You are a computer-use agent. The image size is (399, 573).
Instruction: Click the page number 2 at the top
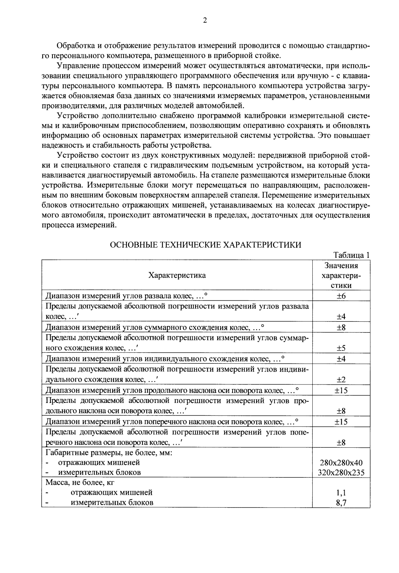tap(205, 20)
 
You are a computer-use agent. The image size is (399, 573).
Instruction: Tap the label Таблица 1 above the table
tap(351, 255)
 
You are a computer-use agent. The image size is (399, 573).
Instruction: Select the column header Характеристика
tap(177, 275)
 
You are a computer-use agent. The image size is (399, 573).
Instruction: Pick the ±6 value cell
tap(341, 296)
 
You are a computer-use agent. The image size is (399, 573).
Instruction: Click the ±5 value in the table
tap(341, 348)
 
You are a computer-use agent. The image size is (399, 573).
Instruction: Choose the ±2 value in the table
tap(341, 379)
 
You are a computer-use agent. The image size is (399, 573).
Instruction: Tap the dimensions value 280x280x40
tap(341, 462)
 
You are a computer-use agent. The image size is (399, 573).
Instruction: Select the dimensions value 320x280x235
tap(341, 472)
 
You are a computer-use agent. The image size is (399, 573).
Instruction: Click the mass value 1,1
tap(341, 493)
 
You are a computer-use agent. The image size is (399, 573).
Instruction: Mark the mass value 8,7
tap(341, 503)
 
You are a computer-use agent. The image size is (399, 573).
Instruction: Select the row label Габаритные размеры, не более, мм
tap(109, 452)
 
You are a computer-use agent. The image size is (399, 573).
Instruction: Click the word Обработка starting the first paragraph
tap(76, 46)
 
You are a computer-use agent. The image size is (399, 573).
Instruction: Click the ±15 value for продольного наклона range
tap(341, 390)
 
